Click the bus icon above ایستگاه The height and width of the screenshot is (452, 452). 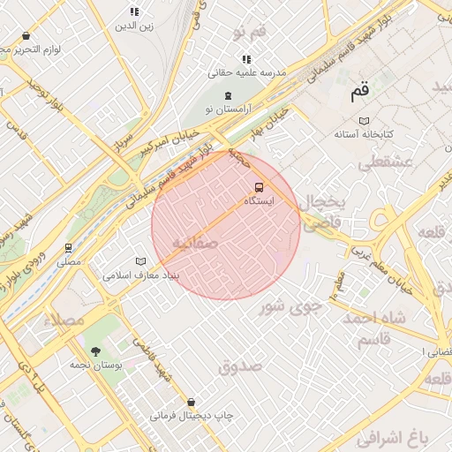coord(259,187)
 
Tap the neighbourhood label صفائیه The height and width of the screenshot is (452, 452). coord(194,243)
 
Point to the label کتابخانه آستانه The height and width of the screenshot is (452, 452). coord(363,135)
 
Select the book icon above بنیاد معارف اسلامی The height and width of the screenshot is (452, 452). coord(140,261)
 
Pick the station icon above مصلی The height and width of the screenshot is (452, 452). coord(68,248)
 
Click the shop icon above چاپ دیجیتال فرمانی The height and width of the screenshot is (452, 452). coord(192,402)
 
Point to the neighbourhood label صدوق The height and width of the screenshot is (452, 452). coord(240,365)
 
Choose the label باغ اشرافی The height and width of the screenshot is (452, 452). coord(393,437)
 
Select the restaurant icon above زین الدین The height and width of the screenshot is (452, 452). coord(134,11)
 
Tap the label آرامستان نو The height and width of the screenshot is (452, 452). coord(227,108)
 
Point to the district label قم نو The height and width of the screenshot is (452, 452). coord(250,33)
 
